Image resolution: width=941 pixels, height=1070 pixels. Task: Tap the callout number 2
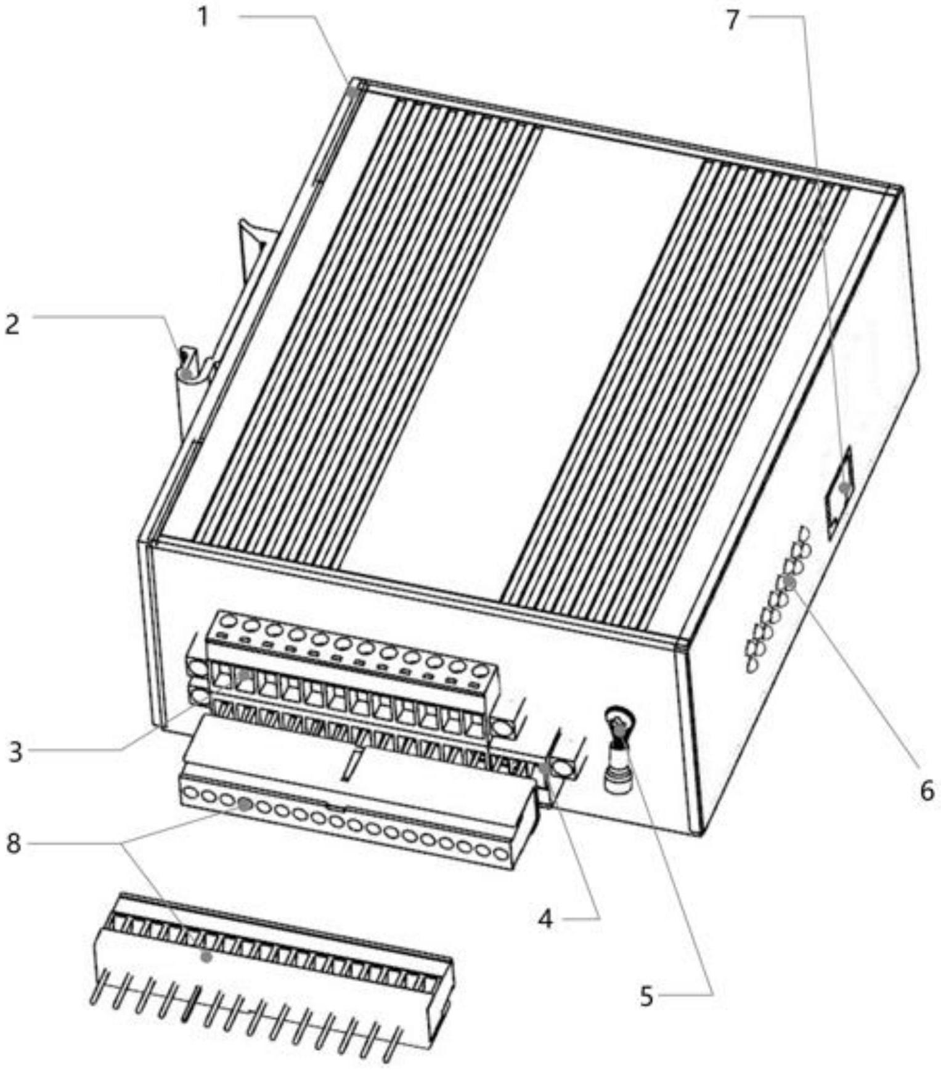pos(12,325)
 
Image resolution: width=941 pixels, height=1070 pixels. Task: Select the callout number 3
pos(15,752)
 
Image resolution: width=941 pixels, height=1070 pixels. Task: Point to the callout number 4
pos(545,920)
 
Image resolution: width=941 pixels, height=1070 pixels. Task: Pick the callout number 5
pos(646,996)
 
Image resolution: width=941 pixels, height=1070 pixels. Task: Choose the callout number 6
pos(927,791)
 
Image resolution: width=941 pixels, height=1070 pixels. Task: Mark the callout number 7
pos(732,20)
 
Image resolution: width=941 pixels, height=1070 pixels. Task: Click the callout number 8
pos(14,844)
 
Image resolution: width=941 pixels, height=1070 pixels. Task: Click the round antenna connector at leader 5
pos(616,751)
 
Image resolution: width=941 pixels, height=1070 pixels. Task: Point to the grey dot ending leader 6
pos(789,582)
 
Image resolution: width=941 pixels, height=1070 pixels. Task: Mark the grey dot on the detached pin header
pos(206,957)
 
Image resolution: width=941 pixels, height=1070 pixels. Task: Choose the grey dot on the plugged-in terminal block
pos(245,804)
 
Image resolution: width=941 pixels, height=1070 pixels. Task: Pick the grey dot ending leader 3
pos(244,675)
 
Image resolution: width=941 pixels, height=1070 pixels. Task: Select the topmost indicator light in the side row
pos(803,533)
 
